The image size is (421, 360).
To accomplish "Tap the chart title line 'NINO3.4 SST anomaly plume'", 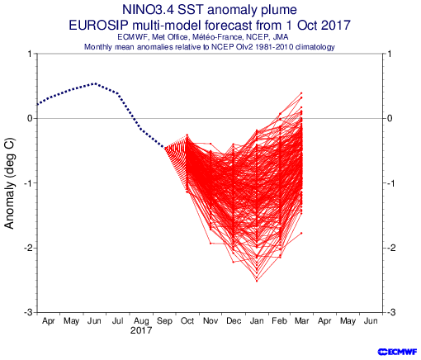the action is tap(210, 10).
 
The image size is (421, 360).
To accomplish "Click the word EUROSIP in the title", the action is tap(98, 26).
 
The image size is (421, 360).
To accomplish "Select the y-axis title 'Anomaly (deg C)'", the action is tap(9, 183).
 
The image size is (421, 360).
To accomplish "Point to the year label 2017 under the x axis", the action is tap(141, 330).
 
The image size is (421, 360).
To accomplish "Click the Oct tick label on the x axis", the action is tap(187, 321).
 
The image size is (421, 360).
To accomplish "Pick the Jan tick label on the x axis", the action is tap(257, 321).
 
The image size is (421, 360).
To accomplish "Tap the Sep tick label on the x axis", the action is tap(164, 321).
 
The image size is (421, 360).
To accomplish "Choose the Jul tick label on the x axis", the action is tap(118, 321).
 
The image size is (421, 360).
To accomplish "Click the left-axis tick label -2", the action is tap(29, 248).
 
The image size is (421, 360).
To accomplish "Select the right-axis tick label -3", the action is tap(391, 312).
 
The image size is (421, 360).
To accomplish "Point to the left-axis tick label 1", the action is tap(30, 54).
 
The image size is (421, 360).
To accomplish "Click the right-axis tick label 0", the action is tap(390, 119).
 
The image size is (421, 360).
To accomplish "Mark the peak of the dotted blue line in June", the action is tap(95, 83).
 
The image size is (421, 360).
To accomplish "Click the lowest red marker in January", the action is tap(257, 281).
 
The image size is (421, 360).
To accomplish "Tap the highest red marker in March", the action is tap(301, 93).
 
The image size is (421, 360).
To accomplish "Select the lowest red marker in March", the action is tap(301, 233).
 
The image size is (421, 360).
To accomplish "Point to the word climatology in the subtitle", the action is tap(315, 47).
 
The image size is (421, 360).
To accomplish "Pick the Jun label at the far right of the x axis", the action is tap(371, 321).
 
